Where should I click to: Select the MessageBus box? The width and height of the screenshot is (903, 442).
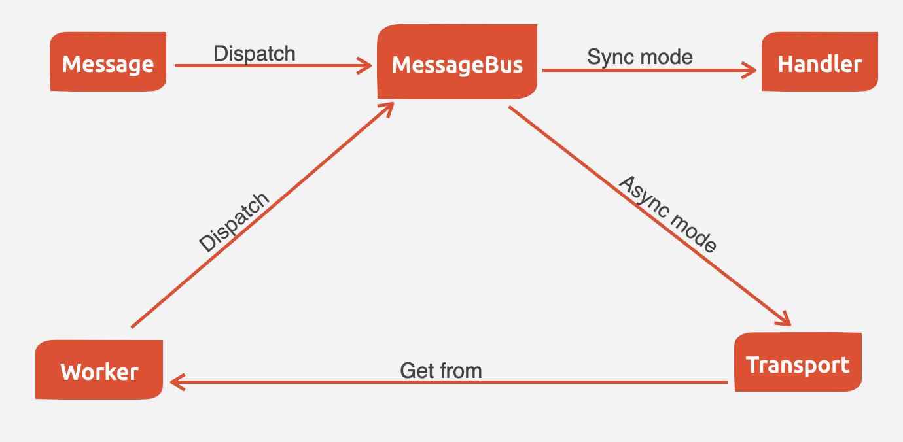[457, 63]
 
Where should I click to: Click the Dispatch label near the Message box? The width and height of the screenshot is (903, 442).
[255, 53]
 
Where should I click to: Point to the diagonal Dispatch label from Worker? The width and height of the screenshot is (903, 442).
[234, 222]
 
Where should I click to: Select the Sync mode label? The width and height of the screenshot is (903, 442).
[639, 57]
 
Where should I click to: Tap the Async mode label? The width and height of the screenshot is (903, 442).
[667, 214]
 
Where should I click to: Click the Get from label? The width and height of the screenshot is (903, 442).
[440, 371]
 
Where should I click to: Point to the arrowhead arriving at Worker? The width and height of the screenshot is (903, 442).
[175, 382]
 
